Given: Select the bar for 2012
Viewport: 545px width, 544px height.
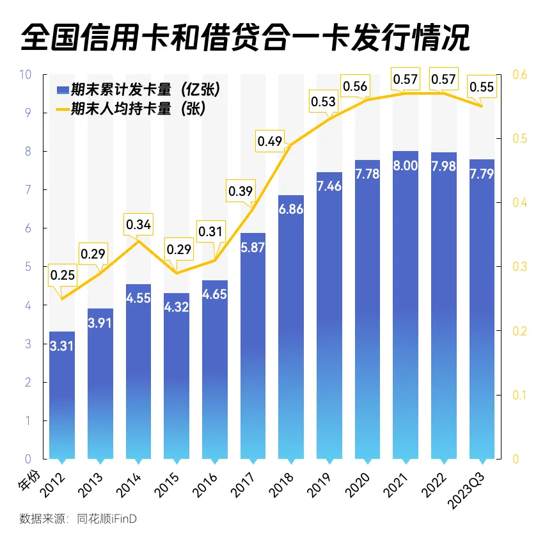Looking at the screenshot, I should click(x=62, y=397).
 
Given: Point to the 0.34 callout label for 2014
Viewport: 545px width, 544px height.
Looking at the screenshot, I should click(x=138, y=225).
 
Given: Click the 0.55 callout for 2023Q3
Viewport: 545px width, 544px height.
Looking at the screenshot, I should click(x=482, y=87).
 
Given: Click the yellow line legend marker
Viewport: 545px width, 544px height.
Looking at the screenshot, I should click(x=62, y=109).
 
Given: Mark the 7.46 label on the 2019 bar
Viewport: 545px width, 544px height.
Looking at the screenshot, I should click(x=329, y=186).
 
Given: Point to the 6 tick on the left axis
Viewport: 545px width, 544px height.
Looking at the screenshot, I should click(x=28, y=228).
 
